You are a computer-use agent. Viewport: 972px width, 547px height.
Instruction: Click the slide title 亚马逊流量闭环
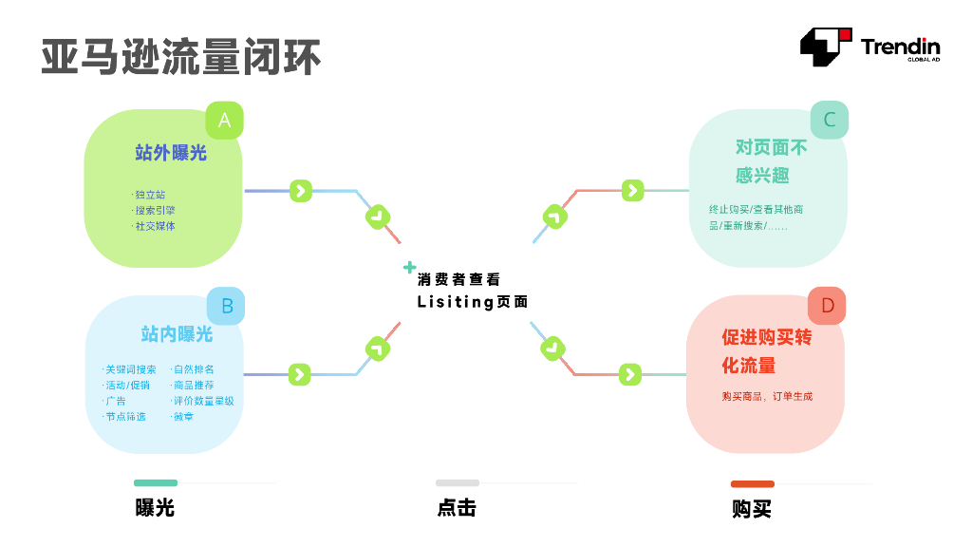tap(181, 57)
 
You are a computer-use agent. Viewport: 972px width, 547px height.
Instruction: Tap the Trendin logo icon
tap(825, 47)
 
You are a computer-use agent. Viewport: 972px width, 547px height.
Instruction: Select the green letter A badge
tap(224, 121)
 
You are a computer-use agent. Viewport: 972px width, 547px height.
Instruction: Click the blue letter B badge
tap(226, 306)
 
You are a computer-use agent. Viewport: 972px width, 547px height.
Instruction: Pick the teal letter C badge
tap(829, 120)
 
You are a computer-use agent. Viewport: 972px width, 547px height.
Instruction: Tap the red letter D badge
tap(827, 306)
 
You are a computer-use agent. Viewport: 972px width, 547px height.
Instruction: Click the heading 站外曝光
tap(171, 153)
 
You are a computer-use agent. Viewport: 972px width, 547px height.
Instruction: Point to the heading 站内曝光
tap(177, 334)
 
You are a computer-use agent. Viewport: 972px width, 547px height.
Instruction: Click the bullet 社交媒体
tap(155, 226)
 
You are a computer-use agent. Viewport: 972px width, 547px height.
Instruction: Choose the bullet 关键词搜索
tap(130, 369)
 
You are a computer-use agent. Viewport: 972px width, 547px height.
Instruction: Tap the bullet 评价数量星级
tap(202, 401)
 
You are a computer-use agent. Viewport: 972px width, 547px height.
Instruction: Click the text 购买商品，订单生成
tap(767, 396)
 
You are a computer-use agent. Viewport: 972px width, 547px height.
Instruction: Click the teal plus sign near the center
tap(409, 267)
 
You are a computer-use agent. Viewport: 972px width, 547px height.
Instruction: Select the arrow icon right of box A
tap(300, 191)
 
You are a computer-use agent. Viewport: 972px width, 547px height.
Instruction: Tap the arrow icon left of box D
tap(630, 374)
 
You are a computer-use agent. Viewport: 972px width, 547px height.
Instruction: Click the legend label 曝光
tap(155, 508)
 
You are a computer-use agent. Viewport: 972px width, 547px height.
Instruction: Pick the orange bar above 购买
tap(752, 483)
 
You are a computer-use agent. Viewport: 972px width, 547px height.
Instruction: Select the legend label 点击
tap(457, 508)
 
